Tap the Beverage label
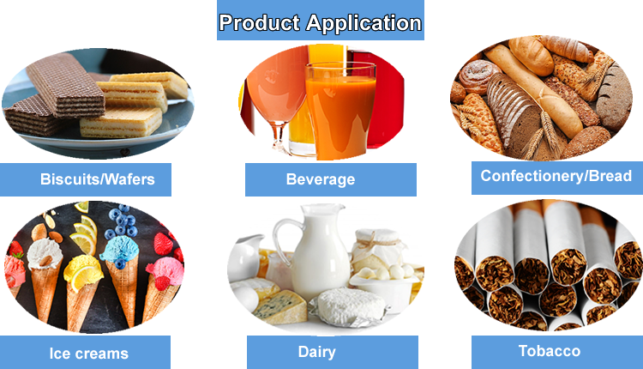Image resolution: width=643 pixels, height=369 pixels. point(320,179)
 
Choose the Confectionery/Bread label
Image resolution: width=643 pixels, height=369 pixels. point(556,176)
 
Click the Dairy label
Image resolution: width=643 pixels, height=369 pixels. point(316,352)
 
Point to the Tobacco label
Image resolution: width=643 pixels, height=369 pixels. point(549,351)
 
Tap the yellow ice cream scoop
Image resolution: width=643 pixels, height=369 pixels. point(82,275)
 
